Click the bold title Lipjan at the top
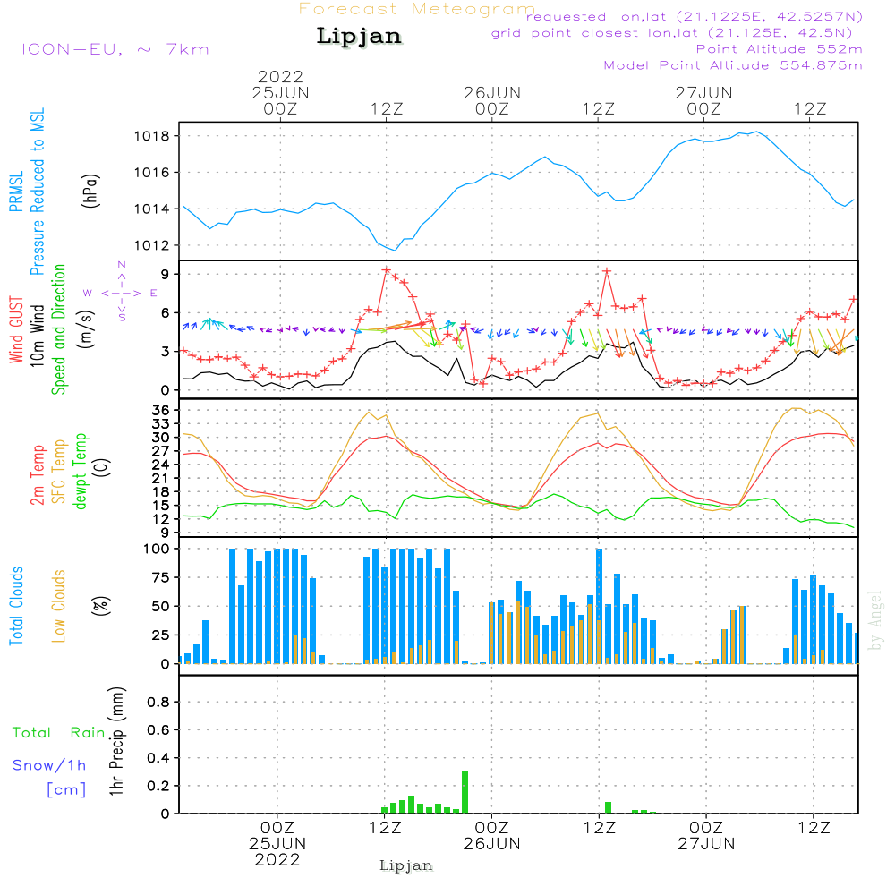click(359, 37)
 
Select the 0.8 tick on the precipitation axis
click(158, 703)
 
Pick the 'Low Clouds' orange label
click(59, 604)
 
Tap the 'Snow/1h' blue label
click(49, 765)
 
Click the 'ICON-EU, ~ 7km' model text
click(115, 49)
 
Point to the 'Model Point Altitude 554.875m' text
click(733, 65)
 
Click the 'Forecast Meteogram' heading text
click(417, 10)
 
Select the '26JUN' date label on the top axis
click(491, 92)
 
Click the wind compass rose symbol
click(121, 293)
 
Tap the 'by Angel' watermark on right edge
click(876, 620)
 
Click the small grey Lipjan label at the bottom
click(406, 865)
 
